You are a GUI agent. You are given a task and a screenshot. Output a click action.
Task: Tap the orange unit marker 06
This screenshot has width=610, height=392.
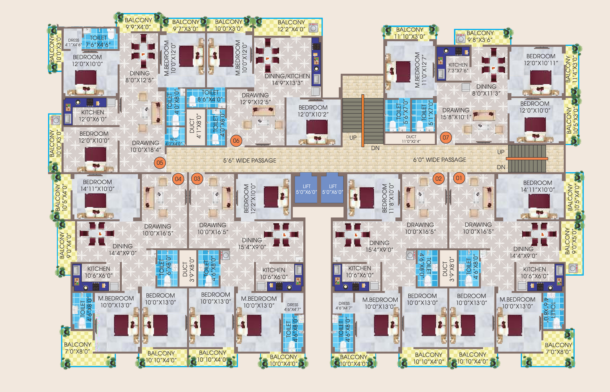pos(236,141)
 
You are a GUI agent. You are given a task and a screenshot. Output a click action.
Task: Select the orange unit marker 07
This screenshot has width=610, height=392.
pos(446,138)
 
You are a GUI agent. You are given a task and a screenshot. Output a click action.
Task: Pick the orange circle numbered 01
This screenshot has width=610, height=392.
pos(459,178)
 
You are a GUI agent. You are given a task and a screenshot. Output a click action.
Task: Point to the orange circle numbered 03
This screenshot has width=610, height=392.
pos(197,179)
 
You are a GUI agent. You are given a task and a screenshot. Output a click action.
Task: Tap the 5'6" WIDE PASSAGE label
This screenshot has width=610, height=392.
pos(250,160)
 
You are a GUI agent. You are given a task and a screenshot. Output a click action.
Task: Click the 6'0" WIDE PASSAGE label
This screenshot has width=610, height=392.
pos(440,160)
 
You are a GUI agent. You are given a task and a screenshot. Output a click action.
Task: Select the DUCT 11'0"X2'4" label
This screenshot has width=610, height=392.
pos(411,139)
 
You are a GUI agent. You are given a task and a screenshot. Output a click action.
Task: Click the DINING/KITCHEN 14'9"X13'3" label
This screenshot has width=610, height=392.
pos(287,79)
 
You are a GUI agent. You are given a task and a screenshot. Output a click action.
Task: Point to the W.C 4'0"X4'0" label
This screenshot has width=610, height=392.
pos(174,142)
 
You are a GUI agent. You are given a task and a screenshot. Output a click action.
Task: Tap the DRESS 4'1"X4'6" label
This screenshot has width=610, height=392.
pos(73,43)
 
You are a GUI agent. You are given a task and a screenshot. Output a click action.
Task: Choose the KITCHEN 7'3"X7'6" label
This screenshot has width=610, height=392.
pos(458,68)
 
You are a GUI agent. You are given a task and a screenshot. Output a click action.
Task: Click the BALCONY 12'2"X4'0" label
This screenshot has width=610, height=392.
pos(291,26)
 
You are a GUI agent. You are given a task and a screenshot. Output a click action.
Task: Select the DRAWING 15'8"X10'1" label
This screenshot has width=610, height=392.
pos(456,113)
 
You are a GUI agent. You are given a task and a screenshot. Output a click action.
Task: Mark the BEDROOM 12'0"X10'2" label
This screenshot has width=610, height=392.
pos(313,111)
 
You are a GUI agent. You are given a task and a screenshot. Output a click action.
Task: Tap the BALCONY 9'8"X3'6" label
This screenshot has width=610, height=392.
pos(480,36)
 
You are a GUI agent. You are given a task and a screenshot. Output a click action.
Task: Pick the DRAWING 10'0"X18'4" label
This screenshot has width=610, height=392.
pos(145,146)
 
